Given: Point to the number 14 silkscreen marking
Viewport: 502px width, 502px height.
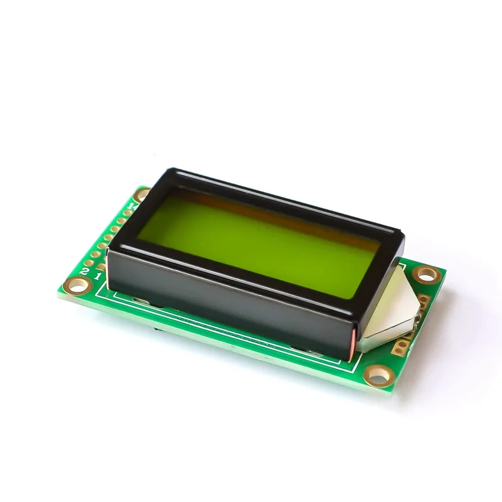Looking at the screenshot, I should pos(131,204).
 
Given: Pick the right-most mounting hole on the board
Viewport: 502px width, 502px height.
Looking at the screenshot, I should pos(427,274).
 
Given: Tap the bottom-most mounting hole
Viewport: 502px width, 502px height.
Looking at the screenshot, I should pos(378,376).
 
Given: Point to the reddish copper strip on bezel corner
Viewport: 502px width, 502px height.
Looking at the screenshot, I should pos(359,344).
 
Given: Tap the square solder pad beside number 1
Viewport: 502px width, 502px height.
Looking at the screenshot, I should pos(101,267).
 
